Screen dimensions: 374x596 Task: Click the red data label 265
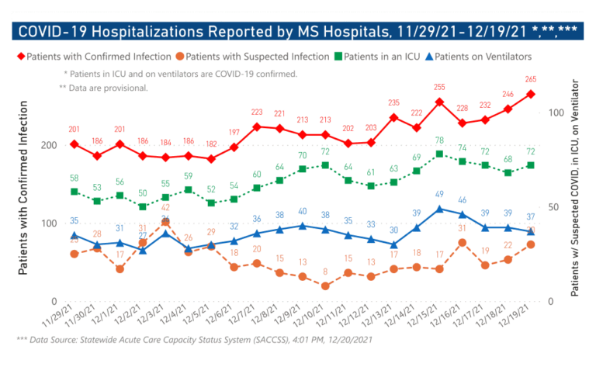click(x=531, y=79)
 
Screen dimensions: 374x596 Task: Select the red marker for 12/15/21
click(x=439, y=102)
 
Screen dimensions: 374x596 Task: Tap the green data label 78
click(x=439, y=140)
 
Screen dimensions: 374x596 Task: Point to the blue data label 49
click(x=439, y=194)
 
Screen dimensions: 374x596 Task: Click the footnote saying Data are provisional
click(x=103, y=88)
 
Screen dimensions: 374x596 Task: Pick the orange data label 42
click(x=165, y=208)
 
